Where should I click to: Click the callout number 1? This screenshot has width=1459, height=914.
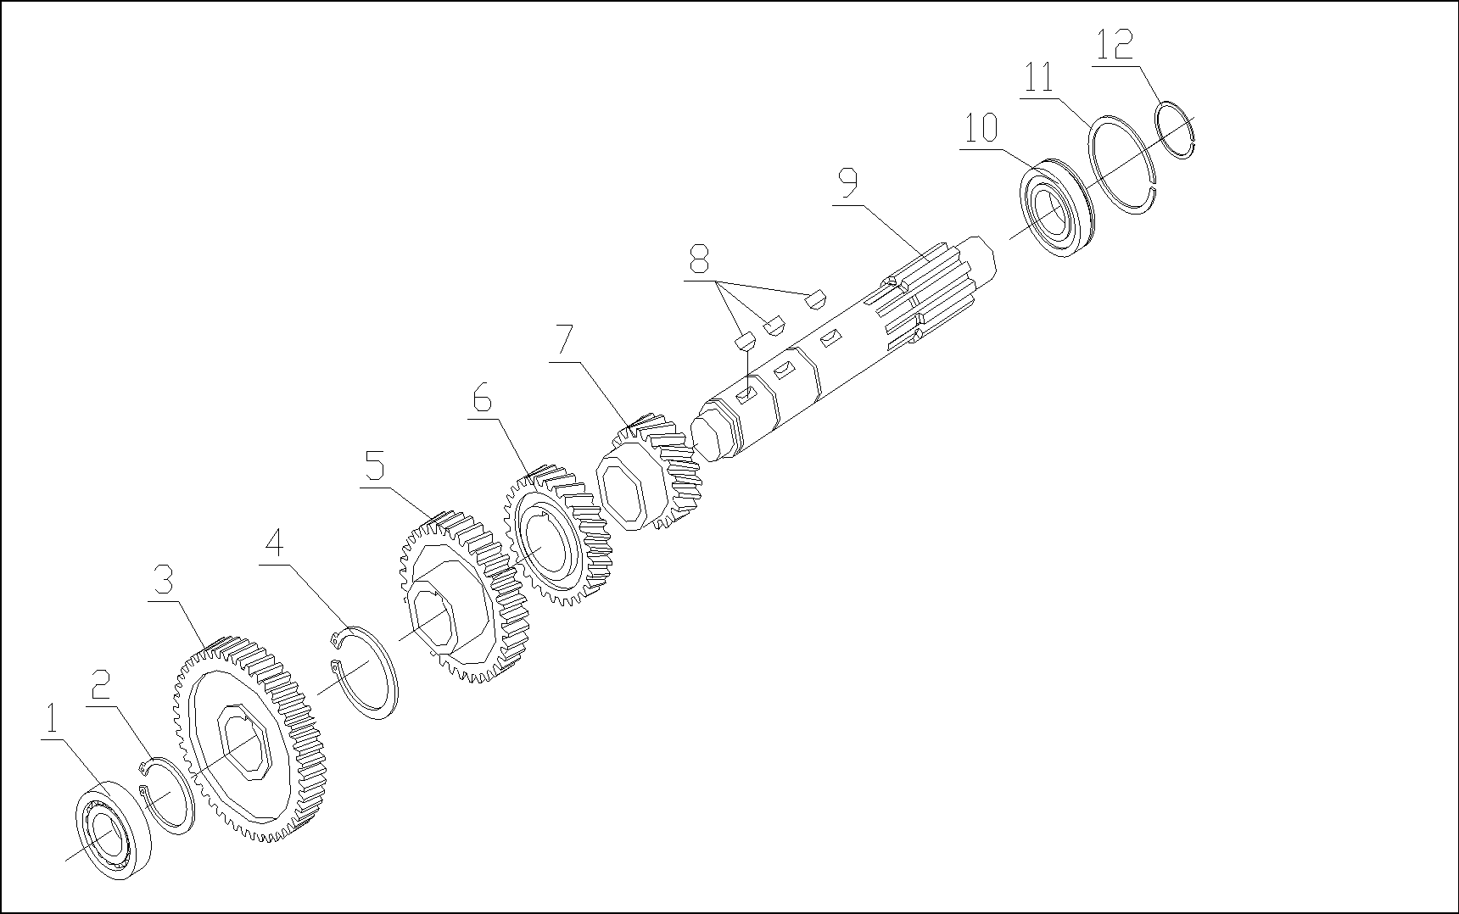[x=51, y=721]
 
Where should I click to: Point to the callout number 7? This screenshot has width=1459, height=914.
[x=563, y=341]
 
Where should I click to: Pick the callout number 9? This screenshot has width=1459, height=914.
[x=847, y=182]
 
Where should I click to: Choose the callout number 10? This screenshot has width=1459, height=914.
[x=981, y=130]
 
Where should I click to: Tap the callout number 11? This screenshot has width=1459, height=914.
[x=1039, y=78]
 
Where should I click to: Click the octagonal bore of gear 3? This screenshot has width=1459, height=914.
[x=244, y=743]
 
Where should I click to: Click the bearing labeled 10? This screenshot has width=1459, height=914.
[x=1055, y=208]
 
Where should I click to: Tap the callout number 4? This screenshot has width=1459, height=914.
[x=272, y=543]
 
